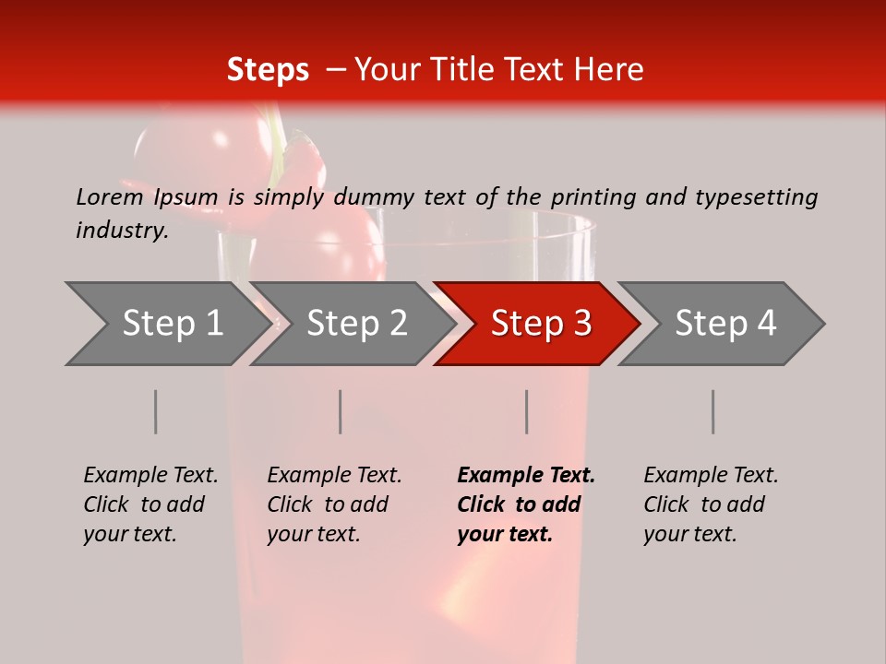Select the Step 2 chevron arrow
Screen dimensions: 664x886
pyautogui.click(x=356, y=323)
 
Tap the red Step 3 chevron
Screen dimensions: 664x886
pyautogui.click(x=540, y=323)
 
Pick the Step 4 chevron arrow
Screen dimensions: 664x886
pyautogui.click(x=724, y=323)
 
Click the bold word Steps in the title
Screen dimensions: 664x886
pyautogui.click(x=268, y=70)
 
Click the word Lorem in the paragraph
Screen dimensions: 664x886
pyautogui.click(x=109, y=196)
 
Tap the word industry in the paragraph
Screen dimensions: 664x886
pyautogui.click(x=122, y=230)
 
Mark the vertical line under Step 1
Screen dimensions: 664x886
pyautogui.click(x=155, y=411)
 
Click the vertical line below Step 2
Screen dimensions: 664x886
pyautogui.click(x=340, y=411)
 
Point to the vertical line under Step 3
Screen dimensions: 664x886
pyautogui.click(x=526, y=411)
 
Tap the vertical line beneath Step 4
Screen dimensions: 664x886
pyautogui.click(x=712, y=411)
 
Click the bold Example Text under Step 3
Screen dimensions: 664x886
pyautogui.click(x=526, y=475)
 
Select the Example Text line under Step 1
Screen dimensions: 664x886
pyautogui.click(x=150, y=475)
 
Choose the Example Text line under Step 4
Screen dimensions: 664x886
pyautogui.click(x=711, y=475)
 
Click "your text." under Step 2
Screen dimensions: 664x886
pyautogui.click(x=313, y=534)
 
